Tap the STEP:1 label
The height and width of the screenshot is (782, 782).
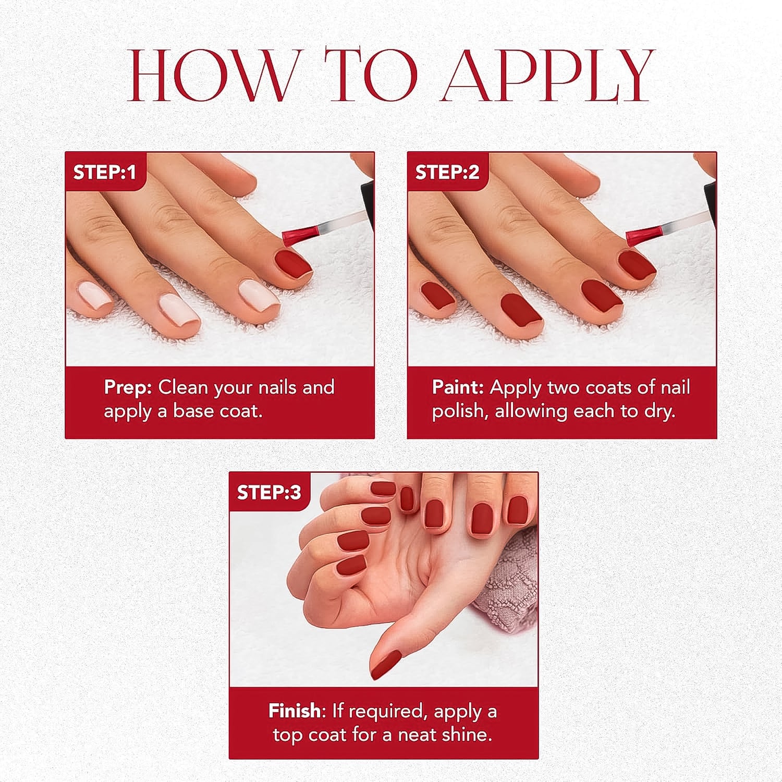(x=104, y=172)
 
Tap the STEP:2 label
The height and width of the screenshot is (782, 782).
(x=447, y=172)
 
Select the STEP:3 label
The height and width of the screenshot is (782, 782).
(x=269, y=492)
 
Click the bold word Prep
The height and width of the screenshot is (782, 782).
(x=128, y=387)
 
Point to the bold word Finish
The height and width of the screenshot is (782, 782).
(x=295, y=711)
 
